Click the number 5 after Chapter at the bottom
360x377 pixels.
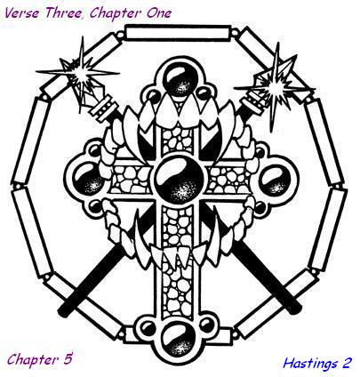(x=68, y=359)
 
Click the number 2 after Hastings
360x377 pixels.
(x=347, y=363)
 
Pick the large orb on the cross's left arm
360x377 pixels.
(x=89, y=180)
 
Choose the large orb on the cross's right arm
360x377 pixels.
(x=275, y=180)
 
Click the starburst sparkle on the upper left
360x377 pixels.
(x=80, y=73)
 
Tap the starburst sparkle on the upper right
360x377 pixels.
(x=275, y=86)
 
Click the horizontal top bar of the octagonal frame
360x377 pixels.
(x=178, y=32)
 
